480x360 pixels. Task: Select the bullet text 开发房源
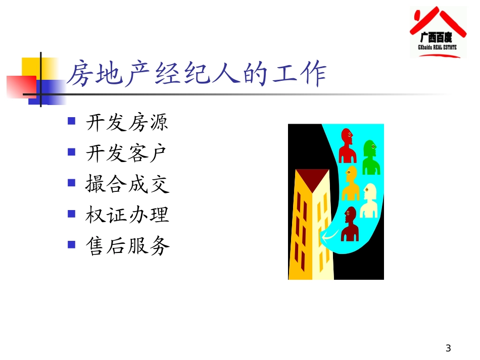[x=127, y=123]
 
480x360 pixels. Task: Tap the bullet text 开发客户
[x=127, y=153]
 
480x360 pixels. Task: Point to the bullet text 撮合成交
[x=127, y=184]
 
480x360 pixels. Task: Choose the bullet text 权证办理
[x=127, y=215]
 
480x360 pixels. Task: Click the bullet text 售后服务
[x=127, y=246]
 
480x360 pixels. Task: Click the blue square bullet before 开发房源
[x=72, y=121]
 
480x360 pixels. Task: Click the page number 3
[x=448, y=348]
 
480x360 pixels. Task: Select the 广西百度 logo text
[x=438, y=37]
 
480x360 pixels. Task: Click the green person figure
[x=371, y=157]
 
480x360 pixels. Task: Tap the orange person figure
[x=350, y=183]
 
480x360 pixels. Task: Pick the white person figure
[x=368, y=200]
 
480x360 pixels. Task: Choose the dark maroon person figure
[x=350, y=225]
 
